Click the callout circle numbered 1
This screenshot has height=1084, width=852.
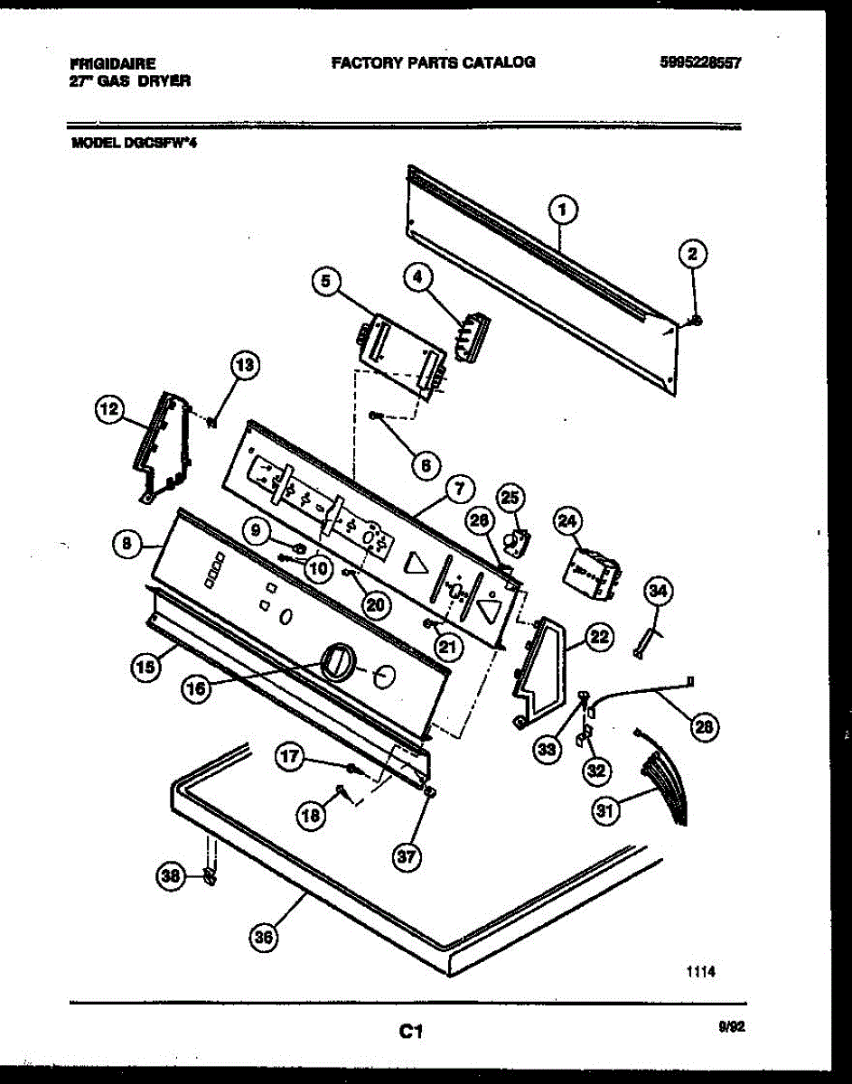point(563,211)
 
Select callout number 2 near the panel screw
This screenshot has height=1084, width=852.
point(693,255)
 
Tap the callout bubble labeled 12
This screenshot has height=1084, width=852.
point(108,410)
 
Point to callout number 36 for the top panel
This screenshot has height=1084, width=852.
point(263,939)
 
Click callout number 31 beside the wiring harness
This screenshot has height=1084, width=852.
point(604,811)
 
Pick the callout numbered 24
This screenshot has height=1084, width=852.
point(567,521)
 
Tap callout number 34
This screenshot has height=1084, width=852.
point(659,593)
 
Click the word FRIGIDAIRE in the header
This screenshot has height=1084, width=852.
point(112,64)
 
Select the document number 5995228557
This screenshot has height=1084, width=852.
point(700,63)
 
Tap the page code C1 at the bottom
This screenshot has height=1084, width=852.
point(412,1030)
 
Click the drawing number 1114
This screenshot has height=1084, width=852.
point(700,972)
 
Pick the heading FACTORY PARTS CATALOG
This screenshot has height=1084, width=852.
point(433,62)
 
